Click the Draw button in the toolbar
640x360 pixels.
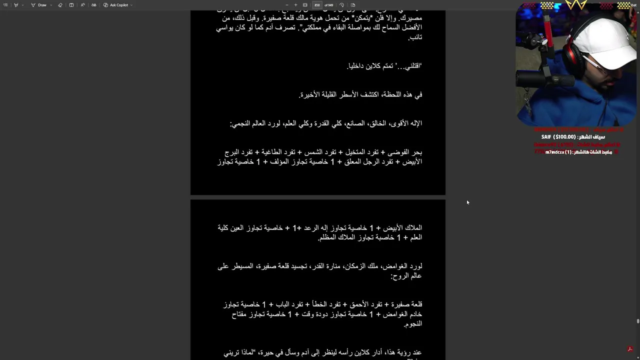(x=39, y=5)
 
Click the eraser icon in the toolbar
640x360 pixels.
(x=60, y=5)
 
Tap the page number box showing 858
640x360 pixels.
(x=317, y=5)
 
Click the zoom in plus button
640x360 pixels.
(x=295, y=5)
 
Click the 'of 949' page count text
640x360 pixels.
(x=329, y=5)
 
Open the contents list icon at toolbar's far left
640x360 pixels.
(x=5, y=5)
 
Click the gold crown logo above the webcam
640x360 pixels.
(x=576, y=6)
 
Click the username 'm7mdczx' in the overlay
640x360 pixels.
(x=555, y=152)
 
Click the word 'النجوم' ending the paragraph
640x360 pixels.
(x=413, y=324)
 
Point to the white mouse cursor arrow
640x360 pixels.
(x=467, y=202)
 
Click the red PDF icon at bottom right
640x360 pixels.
(x=630, y=349)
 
